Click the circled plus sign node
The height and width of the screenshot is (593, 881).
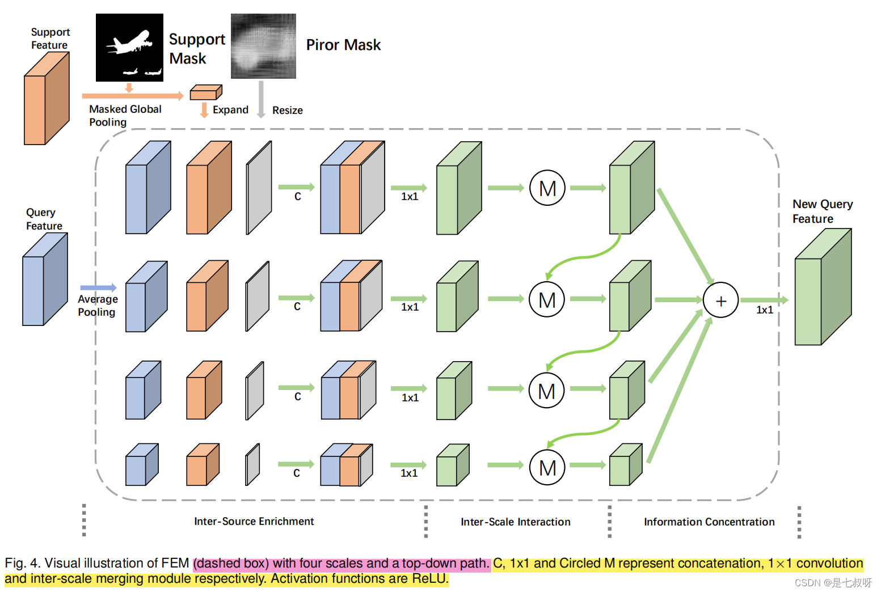720,300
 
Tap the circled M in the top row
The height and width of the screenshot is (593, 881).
547,188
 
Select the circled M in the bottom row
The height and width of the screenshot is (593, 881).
547,468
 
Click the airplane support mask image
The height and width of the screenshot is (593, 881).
129,48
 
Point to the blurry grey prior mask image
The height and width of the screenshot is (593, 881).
263,46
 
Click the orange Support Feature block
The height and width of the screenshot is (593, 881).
47,99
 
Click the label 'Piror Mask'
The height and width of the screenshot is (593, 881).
343,45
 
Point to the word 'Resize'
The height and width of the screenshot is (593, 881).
287,111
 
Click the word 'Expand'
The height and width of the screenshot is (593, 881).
230,110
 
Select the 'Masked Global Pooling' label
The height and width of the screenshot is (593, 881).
125,116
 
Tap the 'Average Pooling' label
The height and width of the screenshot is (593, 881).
98,306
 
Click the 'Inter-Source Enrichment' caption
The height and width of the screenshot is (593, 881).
254,521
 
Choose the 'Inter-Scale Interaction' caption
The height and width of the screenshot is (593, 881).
515,522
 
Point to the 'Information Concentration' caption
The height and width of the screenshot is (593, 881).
709,522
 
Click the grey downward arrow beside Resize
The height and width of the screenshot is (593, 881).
261,99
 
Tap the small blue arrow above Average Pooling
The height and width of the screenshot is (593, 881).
98,288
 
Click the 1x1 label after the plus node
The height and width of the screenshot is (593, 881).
764,310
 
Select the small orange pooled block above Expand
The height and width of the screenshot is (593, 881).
205,92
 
